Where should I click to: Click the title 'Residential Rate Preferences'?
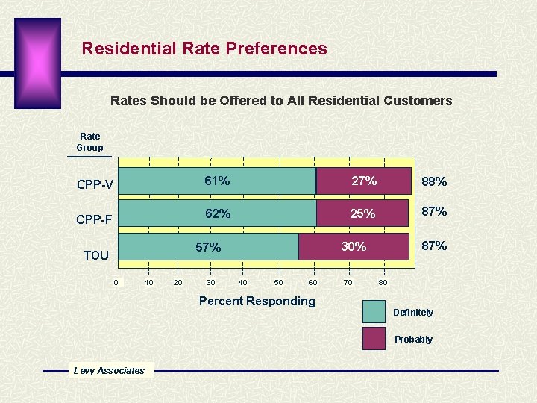pyautogui.click(x=204, y=49)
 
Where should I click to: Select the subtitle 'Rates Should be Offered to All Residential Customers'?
pyautogui.click(x=281, y=101)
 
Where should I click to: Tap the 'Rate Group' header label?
pyautogui.click(x=89, y=142)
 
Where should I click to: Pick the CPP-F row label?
pyautogui.click(x=95, y=219)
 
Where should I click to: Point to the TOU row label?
pyautogui.click(x=96, y=255)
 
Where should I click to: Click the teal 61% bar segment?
pyautogui.click(x=218, y=181)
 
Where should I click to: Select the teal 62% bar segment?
pyautogui.click(x=218, y=213)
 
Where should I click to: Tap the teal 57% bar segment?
pyautogui.click(x=209, y=247)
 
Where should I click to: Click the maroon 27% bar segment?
pyautogui.click(x=364, y=181)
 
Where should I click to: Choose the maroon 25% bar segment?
pyautogui.click(x=362, y=213)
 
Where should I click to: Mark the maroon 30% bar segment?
pyautogui.click(x=354, y=247)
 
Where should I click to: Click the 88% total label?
pyautogui.click(x=434, y=181)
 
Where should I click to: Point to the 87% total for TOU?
pyautogui.click(x=434, y=246)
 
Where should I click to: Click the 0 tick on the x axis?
pyautogui.click(x=116, y=282)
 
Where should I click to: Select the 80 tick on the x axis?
pyautogui.click(x=383, y=282)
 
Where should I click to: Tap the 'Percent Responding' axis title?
pyautogui.click(x=257, y=301)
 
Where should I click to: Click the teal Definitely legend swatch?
pyautogui.click(x=374, y=311)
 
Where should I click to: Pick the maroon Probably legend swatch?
pyautogui.click(x=374, y=338)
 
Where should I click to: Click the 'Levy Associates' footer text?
pyautogui.click(x=109, y=370)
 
